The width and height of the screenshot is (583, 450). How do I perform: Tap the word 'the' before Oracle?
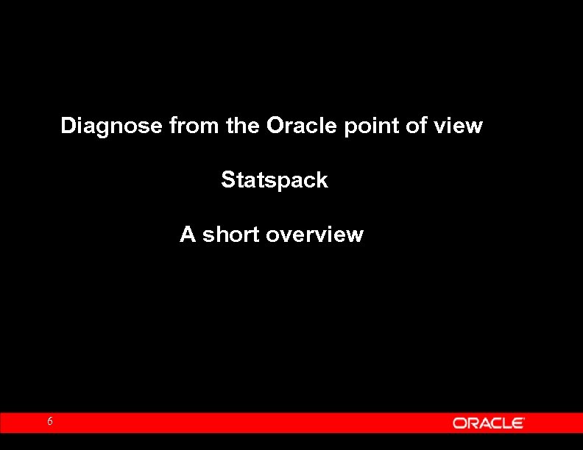click(243, 126)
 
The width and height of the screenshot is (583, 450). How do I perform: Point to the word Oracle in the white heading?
click(301, 126)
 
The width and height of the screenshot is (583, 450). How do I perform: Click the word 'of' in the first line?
click(417, 126)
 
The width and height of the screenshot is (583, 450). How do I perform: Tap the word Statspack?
click(275, 180)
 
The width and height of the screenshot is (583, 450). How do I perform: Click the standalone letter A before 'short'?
click(188, 235)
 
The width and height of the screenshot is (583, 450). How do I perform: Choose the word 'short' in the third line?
click(230, 235)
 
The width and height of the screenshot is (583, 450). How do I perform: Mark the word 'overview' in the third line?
click(314, 235)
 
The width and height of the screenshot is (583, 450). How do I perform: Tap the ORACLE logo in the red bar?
click(488, 423)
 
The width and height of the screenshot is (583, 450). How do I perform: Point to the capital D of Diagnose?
click(68, 126)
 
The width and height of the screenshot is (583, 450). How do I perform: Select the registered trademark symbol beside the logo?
click(523, 418)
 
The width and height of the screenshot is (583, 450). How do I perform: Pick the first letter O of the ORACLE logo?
click(459, 423)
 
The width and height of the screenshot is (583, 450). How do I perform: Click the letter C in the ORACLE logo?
click(493, 423)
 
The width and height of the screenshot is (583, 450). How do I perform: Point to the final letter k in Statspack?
click(322, 179)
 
